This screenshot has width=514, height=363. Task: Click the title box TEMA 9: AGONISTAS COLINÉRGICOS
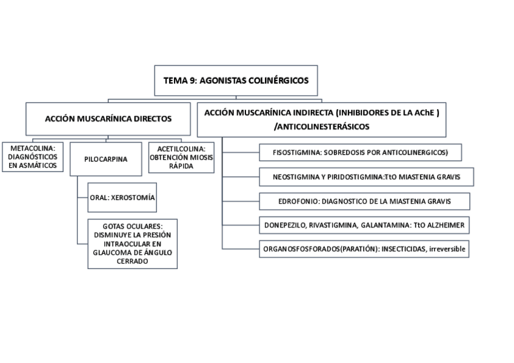tap(236, 80)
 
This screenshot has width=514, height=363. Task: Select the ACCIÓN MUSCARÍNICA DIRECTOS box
tap(108, 119)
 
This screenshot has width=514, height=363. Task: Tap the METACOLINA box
tap(33, 156)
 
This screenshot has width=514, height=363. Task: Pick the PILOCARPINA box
tap(106, 159)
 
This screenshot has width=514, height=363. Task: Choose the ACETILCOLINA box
tap(181, 156)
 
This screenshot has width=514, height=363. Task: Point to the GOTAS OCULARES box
tap(132, 244)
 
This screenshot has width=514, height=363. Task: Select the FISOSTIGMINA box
tap(360, 152)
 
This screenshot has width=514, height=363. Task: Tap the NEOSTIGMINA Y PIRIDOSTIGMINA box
tap(366, 176)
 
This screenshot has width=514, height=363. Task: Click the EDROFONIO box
tap(364, 201)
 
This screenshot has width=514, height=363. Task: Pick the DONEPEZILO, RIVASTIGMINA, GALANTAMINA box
tap(364, 225)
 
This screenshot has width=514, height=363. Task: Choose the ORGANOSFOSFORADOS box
tap(364, 248)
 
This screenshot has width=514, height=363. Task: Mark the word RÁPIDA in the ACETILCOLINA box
tap(181, 165)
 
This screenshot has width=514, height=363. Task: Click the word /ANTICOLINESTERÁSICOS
tap(322, 127)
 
